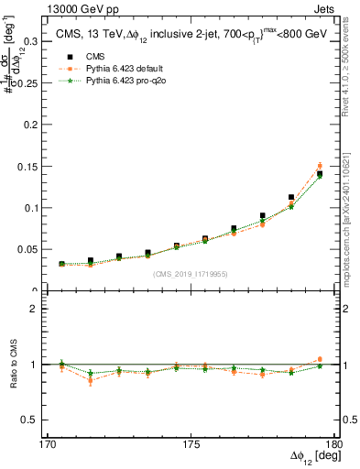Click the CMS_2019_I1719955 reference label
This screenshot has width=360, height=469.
191,273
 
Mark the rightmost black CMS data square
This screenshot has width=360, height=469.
320,173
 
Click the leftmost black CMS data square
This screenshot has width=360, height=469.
61,264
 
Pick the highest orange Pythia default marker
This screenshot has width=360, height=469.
320,166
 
